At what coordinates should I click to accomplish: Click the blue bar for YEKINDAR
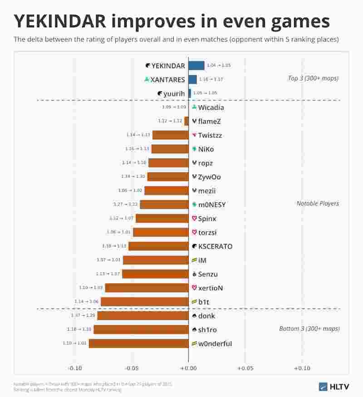coord(196,65)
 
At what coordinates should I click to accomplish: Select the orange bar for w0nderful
coord(138,343)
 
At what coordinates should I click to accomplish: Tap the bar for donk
coord(142,316)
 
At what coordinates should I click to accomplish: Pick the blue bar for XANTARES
coord(192,79)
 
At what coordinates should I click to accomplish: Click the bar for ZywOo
coord(167,177)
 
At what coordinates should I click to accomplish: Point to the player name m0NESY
coord(212,205)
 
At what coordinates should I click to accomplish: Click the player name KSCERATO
coord(215,246)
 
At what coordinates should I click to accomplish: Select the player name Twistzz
coord(210,135)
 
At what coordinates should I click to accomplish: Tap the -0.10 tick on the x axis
coord(75,368)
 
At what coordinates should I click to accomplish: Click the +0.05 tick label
coord(245,368)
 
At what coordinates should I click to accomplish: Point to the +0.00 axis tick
coord(188,368)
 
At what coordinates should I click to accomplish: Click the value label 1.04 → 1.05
coord(219,65)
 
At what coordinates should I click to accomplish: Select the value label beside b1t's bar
coord(87,302)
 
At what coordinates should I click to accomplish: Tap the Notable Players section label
coord(318,203)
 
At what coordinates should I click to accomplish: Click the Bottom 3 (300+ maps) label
coord(309,328)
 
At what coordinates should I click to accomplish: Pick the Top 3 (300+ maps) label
coord(313,78)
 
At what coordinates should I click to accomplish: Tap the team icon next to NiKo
coord(194,149)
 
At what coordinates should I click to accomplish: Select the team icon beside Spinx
coord(194,219)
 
